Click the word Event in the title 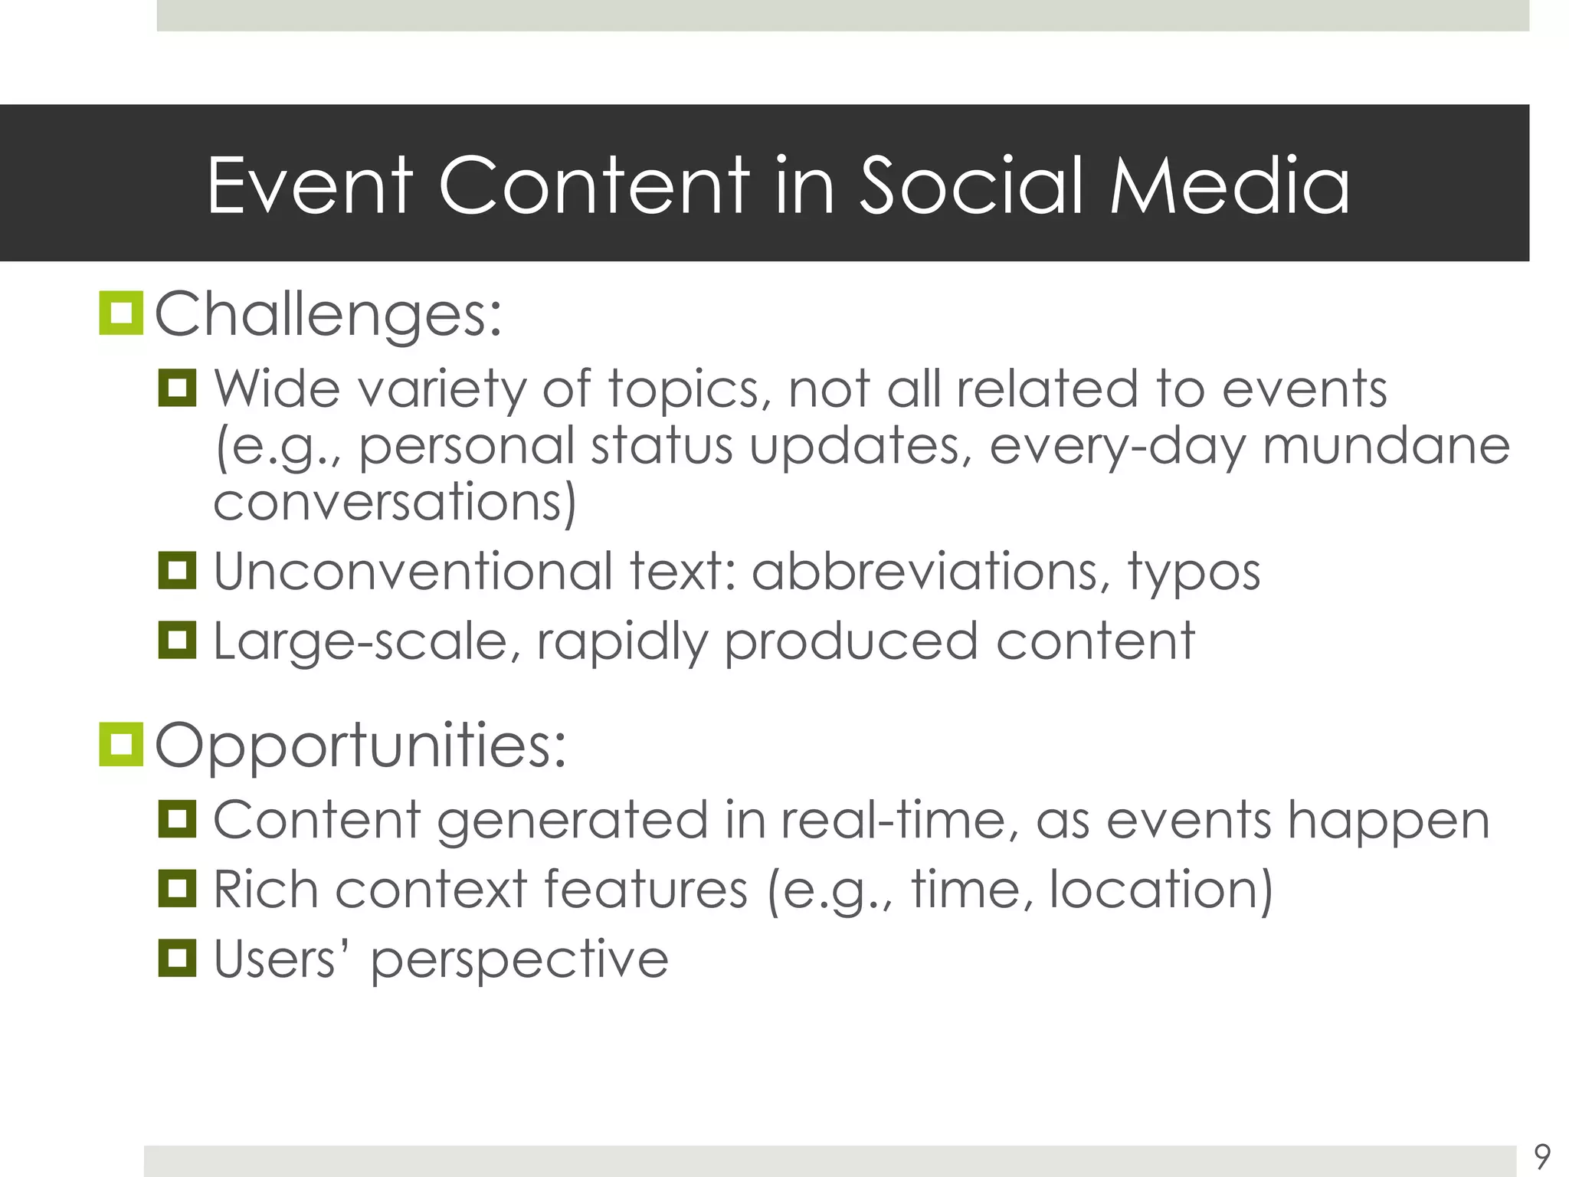click(310, 185)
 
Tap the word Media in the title click(1229, 185)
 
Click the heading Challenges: click(328, 314)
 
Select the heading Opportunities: click(360, 745)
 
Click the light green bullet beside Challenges click(121, 313)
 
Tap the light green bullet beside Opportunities click(121, 744)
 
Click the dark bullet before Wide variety click(177, 388)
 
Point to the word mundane click(1385, 446)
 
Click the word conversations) click(394, 502)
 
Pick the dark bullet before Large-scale click(177, 640)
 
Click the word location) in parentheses click(1160, 890)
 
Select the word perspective click(519, 961)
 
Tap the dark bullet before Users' click(177, 958)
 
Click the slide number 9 click(1542, 1156)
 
